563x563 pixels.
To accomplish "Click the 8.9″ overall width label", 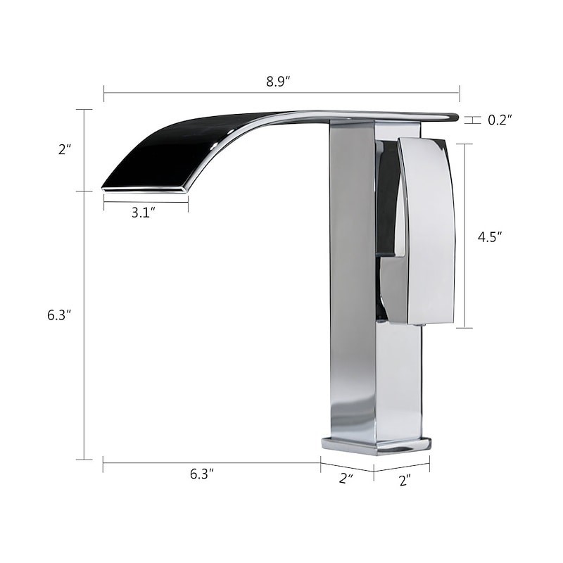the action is coord(278,82).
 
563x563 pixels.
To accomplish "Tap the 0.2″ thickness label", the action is coord(500,120).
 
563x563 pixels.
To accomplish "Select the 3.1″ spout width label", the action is coord(144,213).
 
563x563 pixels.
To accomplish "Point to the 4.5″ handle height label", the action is coord(490,237).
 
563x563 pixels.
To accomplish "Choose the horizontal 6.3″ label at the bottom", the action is coord(202,474).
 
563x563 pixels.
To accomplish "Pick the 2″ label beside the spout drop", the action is coord(65,149).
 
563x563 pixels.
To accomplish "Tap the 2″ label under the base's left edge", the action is coord(346,479).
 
